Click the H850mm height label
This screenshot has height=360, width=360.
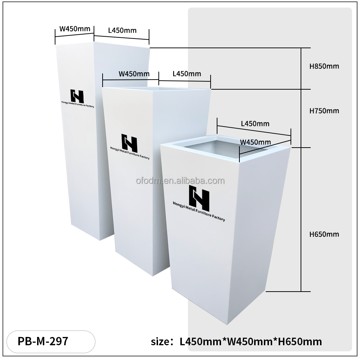pyautogui.click(x=324, y=66)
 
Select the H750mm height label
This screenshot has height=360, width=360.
pyautogui.click(x=324, y=111)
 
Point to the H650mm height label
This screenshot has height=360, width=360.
pyautogui.click(x=324, y=234)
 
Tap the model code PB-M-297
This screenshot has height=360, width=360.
pyautogui.click(x=43, y=341)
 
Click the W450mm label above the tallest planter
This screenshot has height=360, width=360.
pyautogui.click(x=75, y=29)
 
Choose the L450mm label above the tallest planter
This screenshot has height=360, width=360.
pyautogui.click(x=122, y=30)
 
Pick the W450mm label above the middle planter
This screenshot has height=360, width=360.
pyautogui.click(x=134, y=74)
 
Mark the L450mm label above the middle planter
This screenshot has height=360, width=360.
pyautogui.click(x=187, y=74)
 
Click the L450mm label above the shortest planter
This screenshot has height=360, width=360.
pyautogui.click(x=255, y=124)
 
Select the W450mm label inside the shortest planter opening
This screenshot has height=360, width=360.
pyautogui.click(x=256, y=142)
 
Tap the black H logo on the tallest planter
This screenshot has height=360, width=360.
pyautogui.click(x=77, y=96)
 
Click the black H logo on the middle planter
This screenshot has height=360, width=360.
pyautogui.click(x=129, y=143)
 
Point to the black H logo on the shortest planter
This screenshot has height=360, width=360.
pyautogui.click(x=199, y=198)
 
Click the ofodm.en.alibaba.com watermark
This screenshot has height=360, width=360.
pyautogui.click(x=180, y=181)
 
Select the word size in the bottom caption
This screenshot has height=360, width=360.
pyautogui.click(x=160, y=342)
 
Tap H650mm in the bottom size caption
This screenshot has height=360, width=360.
pyautogui.click(x=300, y=341)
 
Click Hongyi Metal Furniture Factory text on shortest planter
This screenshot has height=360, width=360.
pyautogui.click(x=199, y=211)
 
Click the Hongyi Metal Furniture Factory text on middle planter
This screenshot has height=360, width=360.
pyautogui.click(x=130, y=153)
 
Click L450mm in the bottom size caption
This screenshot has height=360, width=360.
pyautogui.click(x=201, y=341)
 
